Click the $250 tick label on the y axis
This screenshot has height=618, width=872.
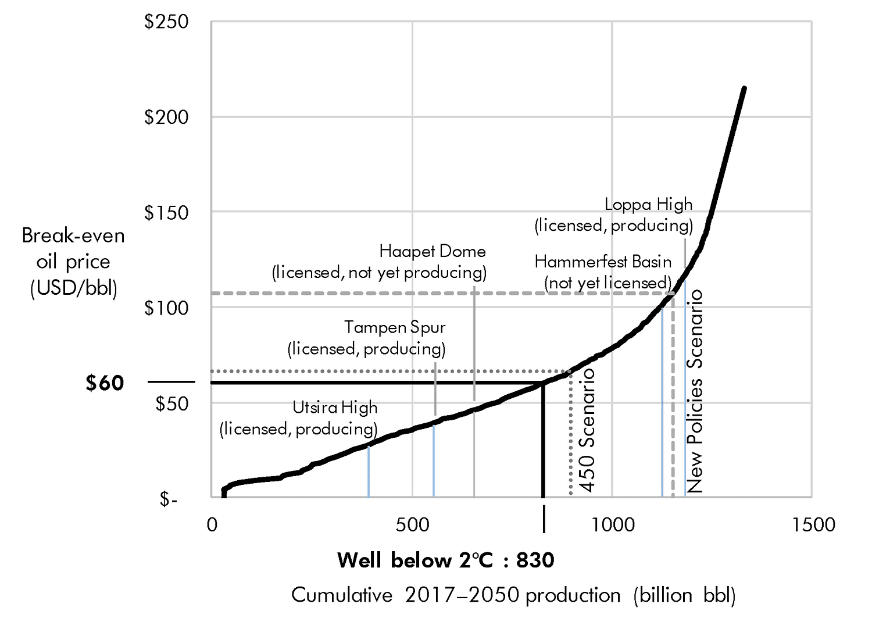(x=166, y=22)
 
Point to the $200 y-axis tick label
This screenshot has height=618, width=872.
(x=166, y=117)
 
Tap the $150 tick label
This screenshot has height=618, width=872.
(x=166, y=213)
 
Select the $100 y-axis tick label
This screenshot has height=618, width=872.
(x=166, y=308)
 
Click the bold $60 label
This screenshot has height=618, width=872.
(x=105, y=383)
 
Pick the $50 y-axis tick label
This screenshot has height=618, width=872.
(x=171, y=403)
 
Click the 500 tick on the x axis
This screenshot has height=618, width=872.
(x=412, y=525)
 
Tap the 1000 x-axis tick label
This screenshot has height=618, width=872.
(x=613, y=525)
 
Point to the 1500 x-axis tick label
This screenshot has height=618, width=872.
(x=813, y=525)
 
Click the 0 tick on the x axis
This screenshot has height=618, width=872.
(x=212, y=525)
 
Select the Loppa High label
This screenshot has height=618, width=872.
(x=648, y=205)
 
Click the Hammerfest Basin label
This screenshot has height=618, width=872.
(x=603, y=262)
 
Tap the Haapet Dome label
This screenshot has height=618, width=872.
(x=432, y=252)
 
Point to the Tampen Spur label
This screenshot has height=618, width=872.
(x=394, y=327)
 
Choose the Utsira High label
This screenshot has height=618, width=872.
(x=335, y=408)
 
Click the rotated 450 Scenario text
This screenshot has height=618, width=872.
(x=588, y=431)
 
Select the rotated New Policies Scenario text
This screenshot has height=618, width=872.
(x=695, y=391)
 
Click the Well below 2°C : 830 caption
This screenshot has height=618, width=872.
(x=445, y=560)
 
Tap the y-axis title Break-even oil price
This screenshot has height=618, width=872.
(x=73, y=262)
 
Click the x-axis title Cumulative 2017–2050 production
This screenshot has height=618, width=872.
(x=513, y=595)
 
